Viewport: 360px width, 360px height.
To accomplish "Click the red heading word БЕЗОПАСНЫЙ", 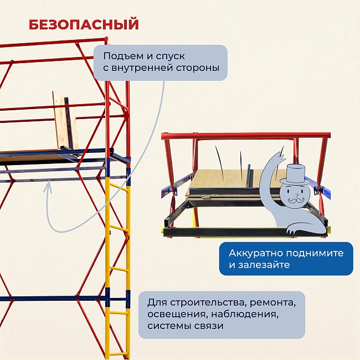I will coord(83,25).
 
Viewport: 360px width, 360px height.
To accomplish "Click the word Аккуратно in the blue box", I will coord(255,253).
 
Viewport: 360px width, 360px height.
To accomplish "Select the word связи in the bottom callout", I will coord(208,326).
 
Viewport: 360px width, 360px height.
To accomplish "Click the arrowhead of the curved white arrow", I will coord(48,186).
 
